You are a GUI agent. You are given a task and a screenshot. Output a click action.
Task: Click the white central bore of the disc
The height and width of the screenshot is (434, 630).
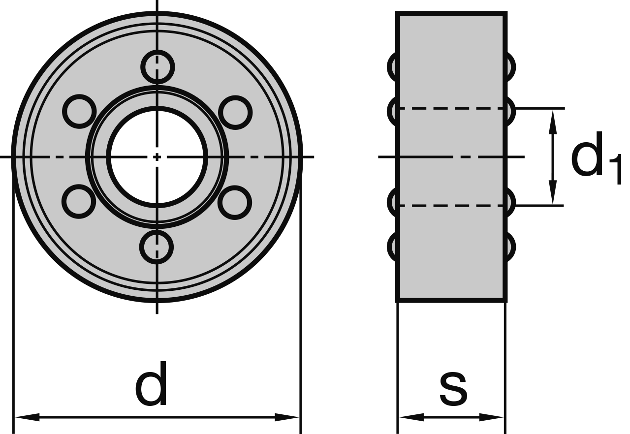(157, 157)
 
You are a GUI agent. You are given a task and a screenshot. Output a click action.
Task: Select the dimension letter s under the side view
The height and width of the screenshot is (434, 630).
(453, 390)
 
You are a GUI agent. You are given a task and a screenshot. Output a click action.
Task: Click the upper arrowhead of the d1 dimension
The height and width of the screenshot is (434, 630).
(553, 122)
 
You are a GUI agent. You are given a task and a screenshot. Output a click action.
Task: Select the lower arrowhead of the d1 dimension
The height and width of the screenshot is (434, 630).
(553, 192)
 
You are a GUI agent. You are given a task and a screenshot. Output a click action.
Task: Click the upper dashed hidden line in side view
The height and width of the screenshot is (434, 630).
(452, 108)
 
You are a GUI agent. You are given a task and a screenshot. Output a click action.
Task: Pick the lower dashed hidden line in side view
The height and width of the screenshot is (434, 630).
(452, 206)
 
